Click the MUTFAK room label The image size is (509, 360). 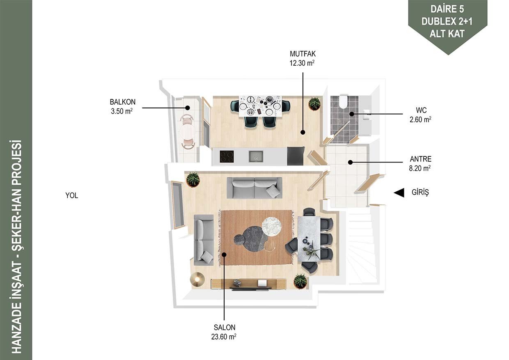(303, 54)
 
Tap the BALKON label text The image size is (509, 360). (122, 102)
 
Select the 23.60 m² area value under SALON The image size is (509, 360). (224, 337)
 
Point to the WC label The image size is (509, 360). (421, 110)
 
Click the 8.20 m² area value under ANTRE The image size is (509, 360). (420, 168)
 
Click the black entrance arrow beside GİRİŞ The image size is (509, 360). (399, 193)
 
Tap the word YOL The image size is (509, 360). (71, 195)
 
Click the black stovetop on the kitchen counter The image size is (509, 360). (227, 156)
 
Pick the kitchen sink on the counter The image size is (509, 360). (256, 156)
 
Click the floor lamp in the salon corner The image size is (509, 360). (197, 279)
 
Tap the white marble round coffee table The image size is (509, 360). (272, 227)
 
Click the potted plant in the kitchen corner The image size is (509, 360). (314, 103)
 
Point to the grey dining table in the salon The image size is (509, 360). (309, 239)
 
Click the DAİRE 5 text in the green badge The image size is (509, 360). (447, 9)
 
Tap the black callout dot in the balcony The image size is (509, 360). (187, 108)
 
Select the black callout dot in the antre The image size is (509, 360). (351, 162)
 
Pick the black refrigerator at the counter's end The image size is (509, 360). (296, 156)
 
